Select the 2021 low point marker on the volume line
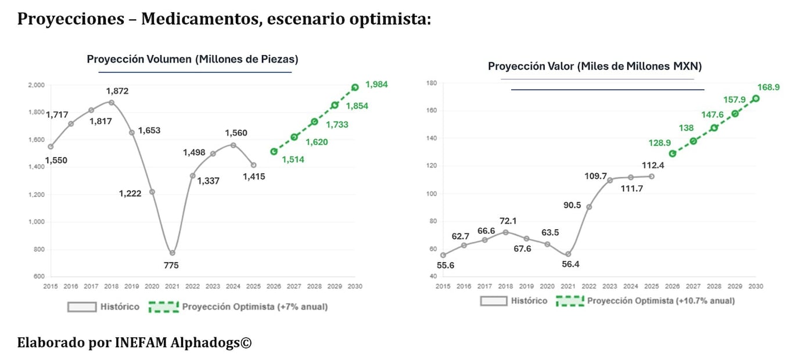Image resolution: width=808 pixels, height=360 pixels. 172,253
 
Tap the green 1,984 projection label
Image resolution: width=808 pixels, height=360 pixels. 376,85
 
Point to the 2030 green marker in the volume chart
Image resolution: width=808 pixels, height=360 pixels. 355,87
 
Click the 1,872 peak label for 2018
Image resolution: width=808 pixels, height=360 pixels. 117,91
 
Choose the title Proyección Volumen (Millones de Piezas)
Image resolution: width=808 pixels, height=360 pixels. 192,59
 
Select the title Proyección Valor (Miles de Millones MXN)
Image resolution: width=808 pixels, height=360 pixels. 594,66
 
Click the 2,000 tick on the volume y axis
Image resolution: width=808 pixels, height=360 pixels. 36,85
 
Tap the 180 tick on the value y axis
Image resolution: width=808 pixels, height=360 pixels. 432,83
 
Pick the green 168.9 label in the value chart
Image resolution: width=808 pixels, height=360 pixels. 769,87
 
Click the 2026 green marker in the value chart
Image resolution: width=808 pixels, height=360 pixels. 673,153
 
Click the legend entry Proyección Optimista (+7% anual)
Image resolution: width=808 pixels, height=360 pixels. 254,307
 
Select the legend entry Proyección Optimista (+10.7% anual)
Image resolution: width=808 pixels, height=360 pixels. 660,301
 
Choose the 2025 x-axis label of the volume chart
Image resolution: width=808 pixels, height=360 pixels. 253,286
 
